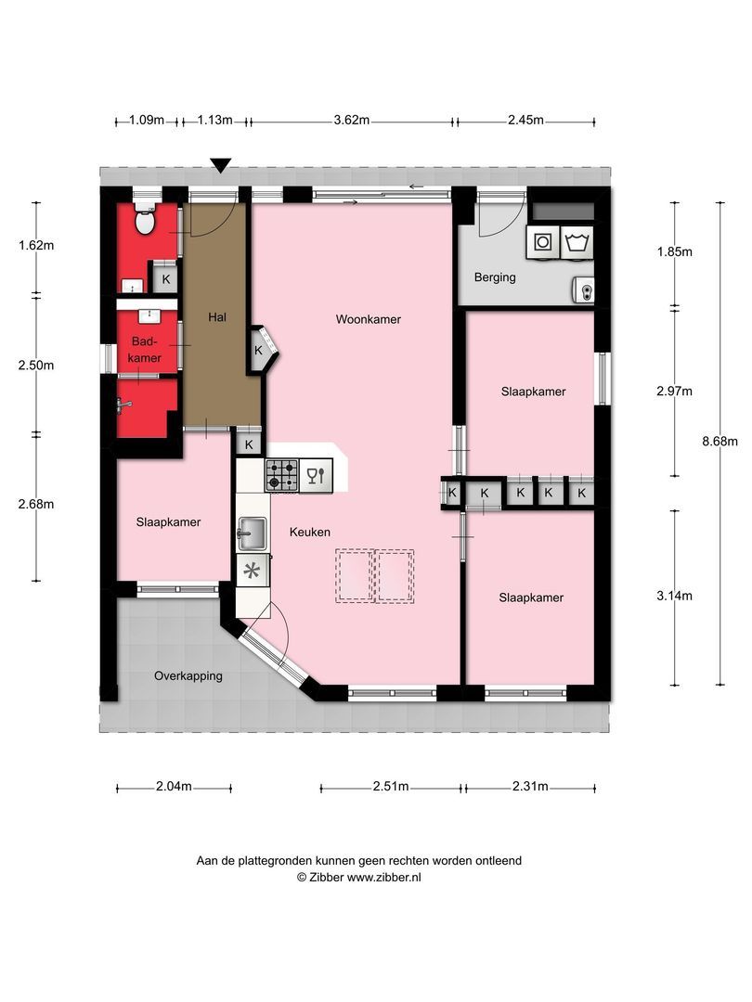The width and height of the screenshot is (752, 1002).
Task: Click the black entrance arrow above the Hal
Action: pos(220,166)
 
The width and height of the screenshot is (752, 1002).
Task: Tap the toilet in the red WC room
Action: pos(145,220)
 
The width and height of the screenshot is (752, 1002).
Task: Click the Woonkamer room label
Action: pos(369,319)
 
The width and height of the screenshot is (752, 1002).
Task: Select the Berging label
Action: pos(494,276)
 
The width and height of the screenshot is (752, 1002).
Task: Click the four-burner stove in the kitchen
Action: pos(280,476)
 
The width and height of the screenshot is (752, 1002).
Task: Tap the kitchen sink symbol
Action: pos(252,532)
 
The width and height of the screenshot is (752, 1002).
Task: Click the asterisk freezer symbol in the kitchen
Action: pos(252,572)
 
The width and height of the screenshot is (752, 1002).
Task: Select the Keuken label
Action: pos(310,532)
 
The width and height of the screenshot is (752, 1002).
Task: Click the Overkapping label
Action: pos(188,675)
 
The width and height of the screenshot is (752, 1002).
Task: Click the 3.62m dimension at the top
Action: pos(352,120)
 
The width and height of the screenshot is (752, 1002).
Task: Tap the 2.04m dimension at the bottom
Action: pos(174,787)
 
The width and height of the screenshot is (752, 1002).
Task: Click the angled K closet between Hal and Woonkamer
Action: pos(261,350)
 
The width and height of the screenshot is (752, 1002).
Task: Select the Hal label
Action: pos(218,316)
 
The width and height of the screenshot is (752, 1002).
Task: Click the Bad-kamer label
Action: pos(146,350)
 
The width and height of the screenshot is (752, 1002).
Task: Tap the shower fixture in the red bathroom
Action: pos(123,403)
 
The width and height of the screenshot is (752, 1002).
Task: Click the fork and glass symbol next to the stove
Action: pos(317,476)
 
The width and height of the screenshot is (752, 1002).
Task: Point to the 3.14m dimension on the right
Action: pos(674,596)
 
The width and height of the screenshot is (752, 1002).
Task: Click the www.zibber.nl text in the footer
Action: pos(383,877)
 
